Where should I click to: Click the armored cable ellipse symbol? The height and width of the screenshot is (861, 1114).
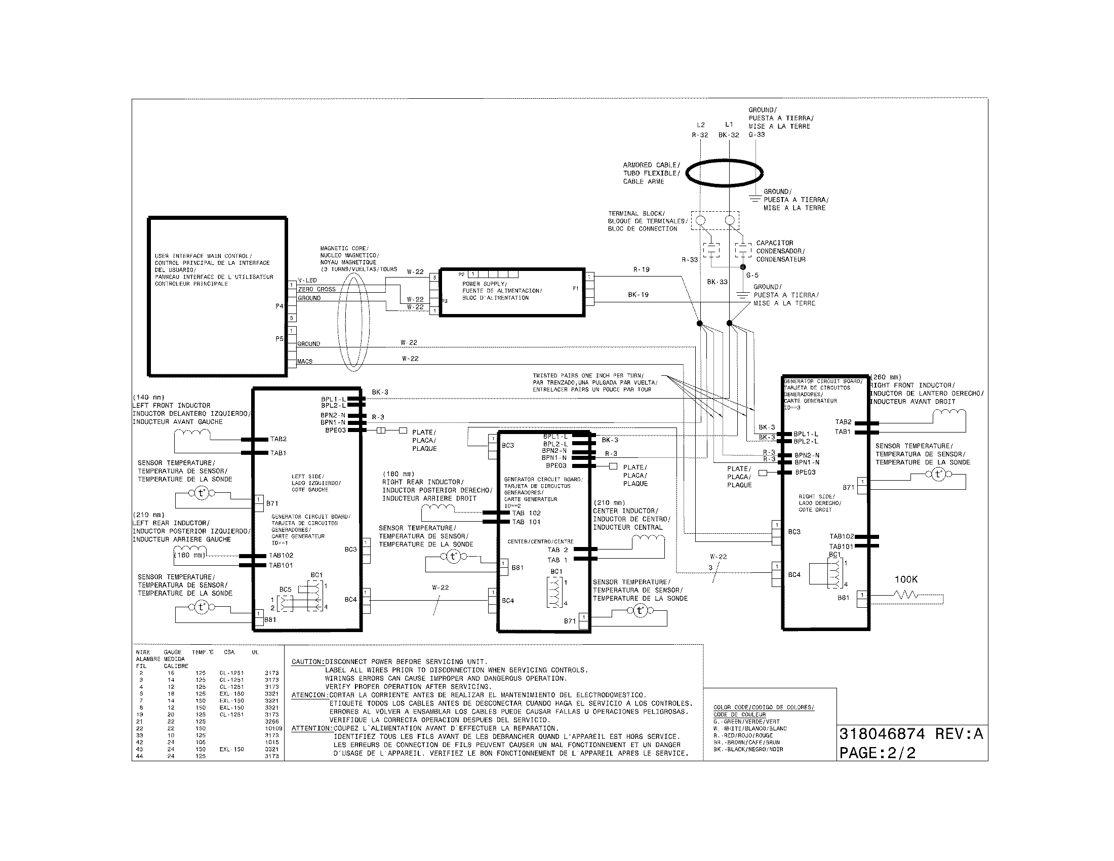pos(724,173)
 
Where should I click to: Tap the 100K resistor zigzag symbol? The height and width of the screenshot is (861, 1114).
pos(905,595)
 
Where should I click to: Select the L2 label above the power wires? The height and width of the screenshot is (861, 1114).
pos(700,125)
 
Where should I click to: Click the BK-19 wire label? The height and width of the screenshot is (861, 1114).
pos(638,295)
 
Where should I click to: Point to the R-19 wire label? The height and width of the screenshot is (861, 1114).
pos(641,270)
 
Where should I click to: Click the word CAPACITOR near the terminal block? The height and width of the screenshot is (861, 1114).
pos(774,243)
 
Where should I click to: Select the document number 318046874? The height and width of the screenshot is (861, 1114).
pos(882,734)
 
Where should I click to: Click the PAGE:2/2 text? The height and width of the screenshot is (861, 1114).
pos(878,753)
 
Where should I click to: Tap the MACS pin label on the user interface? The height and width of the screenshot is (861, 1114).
pos(305,362)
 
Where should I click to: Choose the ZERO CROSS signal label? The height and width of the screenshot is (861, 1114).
pos(317,289)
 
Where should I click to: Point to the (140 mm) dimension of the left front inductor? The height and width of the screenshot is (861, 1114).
pos(148,398)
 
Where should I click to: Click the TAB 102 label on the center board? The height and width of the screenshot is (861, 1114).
pos(527,513)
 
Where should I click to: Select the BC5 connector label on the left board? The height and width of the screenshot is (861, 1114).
pos(285,590)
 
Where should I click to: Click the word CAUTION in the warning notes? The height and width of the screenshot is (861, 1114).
pos(307,662)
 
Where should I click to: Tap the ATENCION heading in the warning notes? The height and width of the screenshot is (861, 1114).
pos(309,695)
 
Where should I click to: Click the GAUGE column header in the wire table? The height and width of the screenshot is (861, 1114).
pos(172,652)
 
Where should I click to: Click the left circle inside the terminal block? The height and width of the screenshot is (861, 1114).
pos(700,220)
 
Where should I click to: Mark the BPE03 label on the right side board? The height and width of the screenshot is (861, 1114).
pos(806,473)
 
